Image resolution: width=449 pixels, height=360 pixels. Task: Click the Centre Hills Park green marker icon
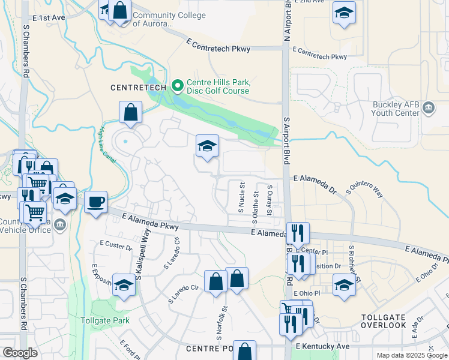click(x=176, y=86)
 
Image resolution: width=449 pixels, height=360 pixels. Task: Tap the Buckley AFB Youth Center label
click(x=395, y=108)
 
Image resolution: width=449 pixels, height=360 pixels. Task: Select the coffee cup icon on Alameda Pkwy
click(x=95, y=202)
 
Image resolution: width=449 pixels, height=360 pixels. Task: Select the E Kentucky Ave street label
click(x=322, y=347)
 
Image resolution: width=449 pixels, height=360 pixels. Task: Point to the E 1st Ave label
click(x=49, y=18)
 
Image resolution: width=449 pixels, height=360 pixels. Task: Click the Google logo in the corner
click(x=19, y=353)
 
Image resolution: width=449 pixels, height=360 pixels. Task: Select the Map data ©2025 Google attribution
click(x=412, y=355)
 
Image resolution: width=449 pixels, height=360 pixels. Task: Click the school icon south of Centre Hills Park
click(x=207, y=146)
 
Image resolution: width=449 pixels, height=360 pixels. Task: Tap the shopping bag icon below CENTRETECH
click(x=130, y=112)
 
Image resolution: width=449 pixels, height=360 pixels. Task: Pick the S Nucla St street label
click(x=242, y=198)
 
